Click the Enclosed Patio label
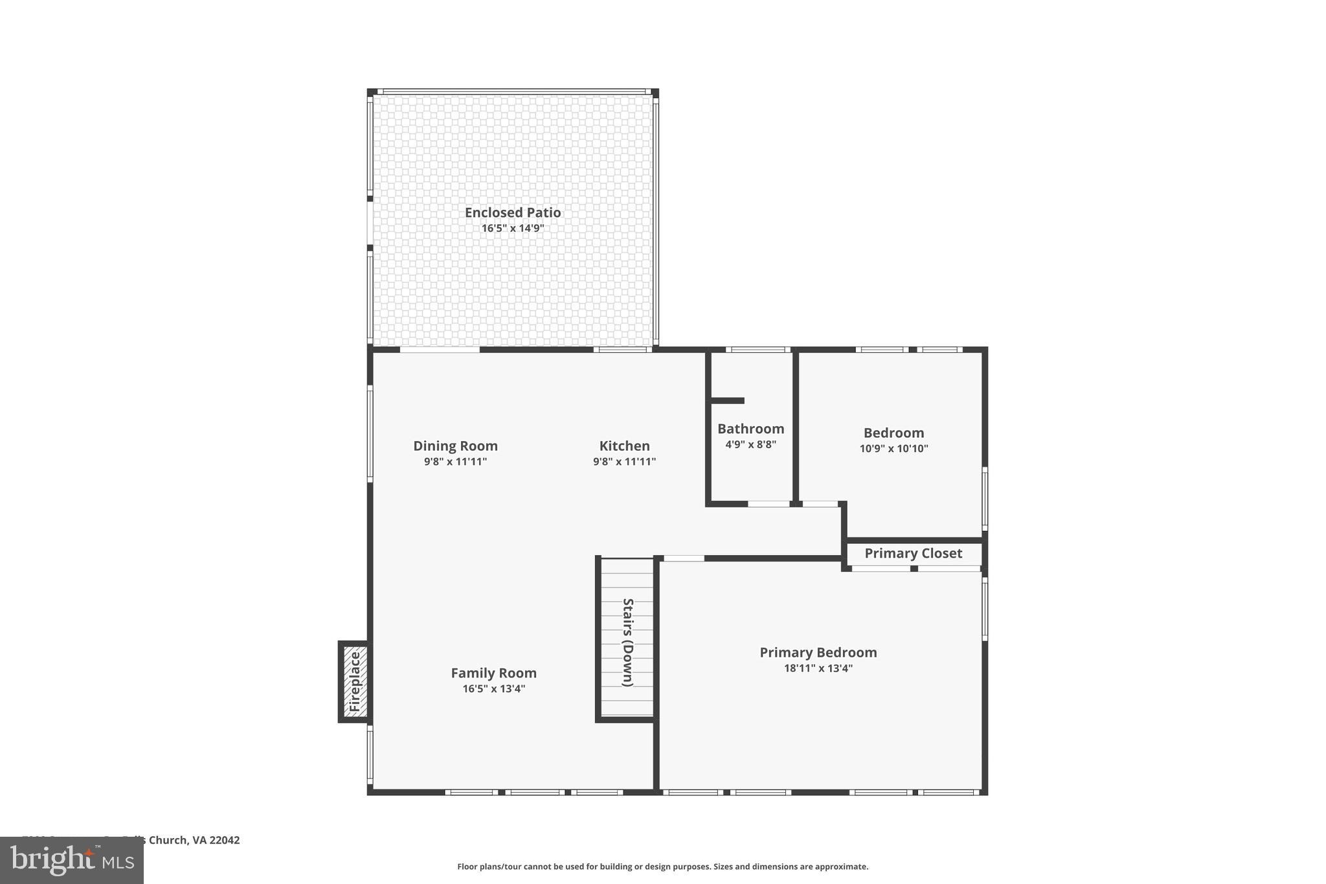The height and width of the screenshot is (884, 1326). pos(512,212)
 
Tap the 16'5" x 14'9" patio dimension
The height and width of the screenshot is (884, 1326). pos(512,229)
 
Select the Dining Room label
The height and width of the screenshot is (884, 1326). pos(455,446)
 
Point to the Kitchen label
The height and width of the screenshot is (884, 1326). pos(624,446)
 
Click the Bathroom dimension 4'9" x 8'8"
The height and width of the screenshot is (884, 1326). pos(750,444)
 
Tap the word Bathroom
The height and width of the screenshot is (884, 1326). pos(750,429)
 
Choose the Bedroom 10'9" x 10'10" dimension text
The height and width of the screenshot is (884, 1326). pos(893,448)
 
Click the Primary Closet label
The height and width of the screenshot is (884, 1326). pos(913,553)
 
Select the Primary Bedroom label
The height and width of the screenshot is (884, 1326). pos(818,652)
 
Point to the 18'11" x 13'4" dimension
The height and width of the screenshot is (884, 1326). pos(818,668)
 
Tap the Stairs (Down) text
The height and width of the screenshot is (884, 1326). pos(627,642)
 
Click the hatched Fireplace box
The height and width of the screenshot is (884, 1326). pos(355,681)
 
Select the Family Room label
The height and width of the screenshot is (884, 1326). pos(493,673)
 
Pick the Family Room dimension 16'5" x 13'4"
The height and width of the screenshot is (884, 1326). pos(493,688)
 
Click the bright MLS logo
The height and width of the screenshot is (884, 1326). pos(71,860)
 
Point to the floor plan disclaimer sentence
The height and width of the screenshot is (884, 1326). pos(662,867)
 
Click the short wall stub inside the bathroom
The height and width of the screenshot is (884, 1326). pos(728,401)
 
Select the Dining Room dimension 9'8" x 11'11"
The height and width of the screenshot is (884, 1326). pos(455,462)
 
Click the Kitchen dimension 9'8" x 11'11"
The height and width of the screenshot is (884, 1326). pos(624,462)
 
